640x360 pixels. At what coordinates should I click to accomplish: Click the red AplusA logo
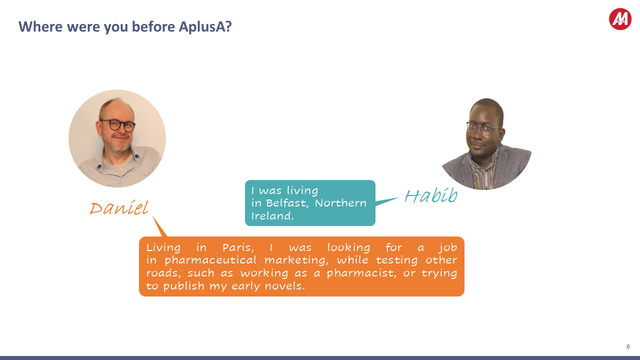(620, 19)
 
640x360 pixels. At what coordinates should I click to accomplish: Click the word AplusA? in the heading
(205, 27)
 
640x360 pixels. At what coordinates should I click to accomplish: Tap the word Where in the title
(40, 26)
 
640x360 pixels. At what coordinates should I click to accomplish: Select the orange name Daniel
(119, 207)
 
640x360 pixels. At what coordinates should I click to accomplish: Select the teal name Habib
(431, 195)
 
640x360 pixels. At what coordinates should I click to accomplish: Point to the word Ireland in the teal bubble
(272, 215)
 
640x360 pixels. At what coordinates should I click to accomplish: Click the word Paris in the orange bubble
(238, 247)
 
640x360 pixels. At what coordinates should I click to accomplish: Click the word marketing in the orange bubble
(294, 260)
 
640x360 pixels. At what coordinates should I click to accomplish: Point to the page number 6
(628, 346)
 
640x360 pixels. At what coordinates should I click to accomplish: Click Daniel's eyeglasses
(117, 125)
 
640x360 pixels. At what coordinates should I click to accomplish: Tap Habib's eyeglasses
(482, 128)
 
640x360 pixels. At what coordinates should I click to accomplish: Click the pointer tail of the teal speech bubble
(387, 201)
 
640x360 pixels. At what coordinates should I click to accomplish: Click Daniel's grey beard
(119, 145)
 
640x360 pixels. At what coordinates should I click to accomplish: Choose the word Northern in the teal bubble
(340, 203)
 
